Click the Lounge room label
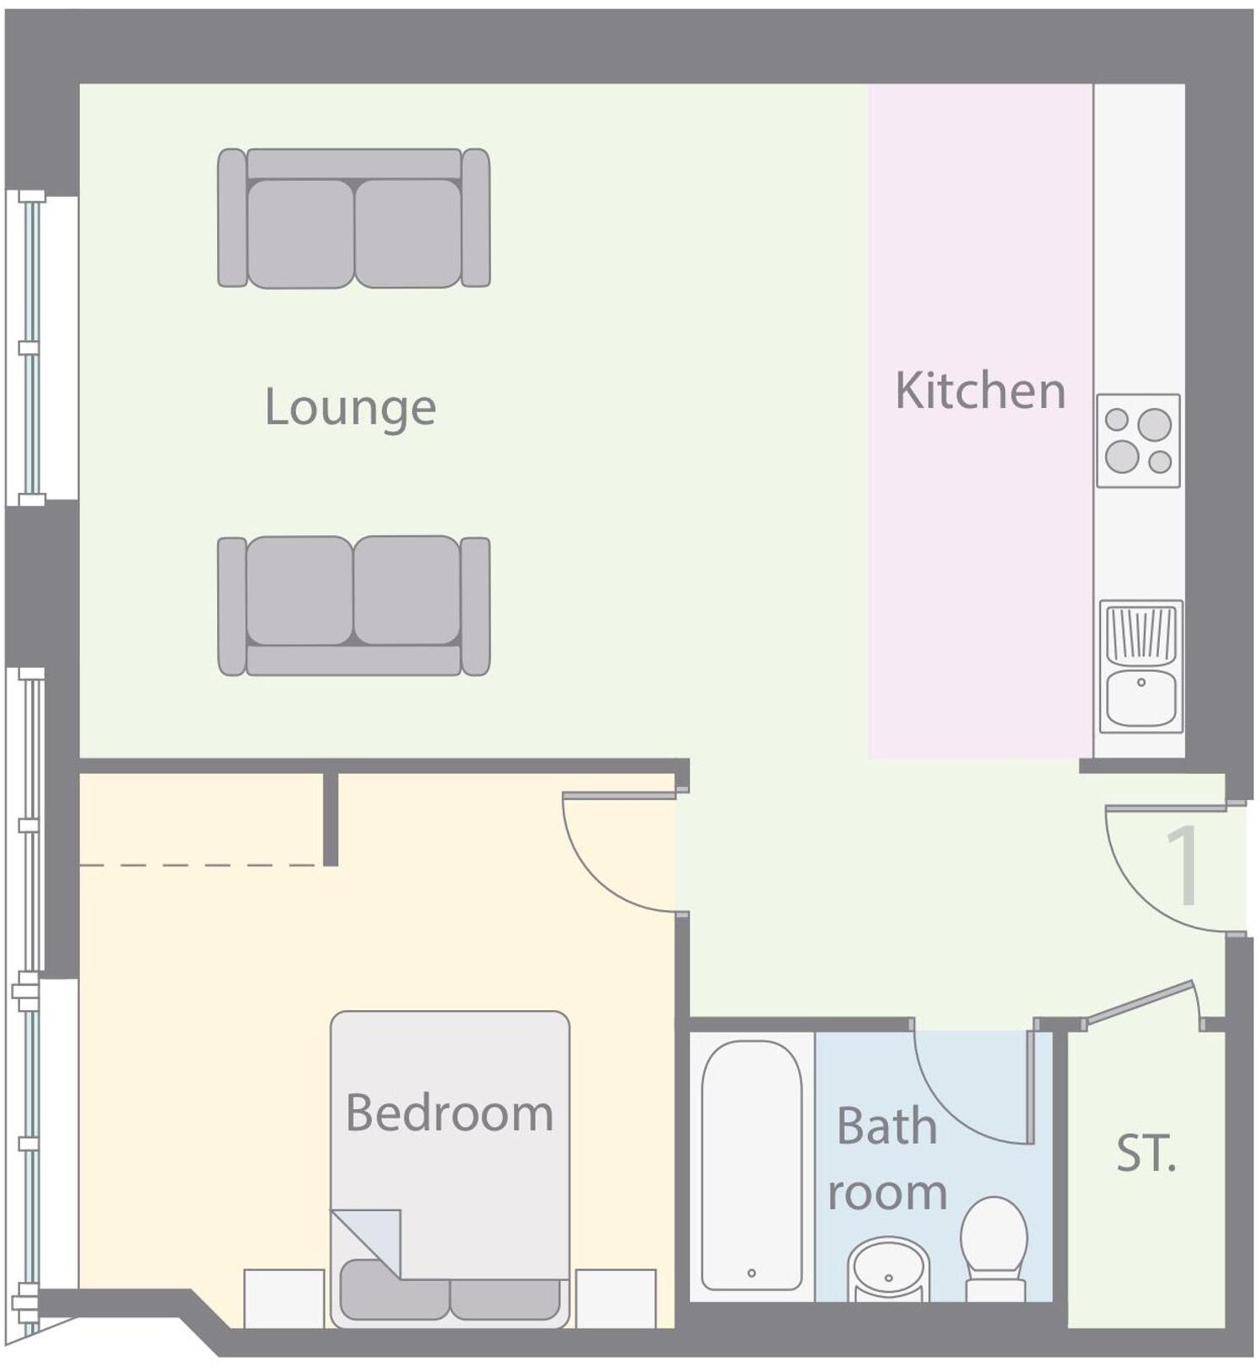[350, 407]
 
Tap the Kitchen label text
[980, 390]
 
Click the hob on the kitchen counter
[1138, 441]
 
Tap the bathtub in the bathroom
[751, 1165]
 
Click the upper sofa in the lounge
[353, 219]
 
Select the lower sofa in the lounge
[353, 606]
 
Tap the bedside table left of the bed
[283, 1298]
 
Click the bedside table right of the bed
[616, 1298]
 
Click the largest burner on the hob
[1155, 425]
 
